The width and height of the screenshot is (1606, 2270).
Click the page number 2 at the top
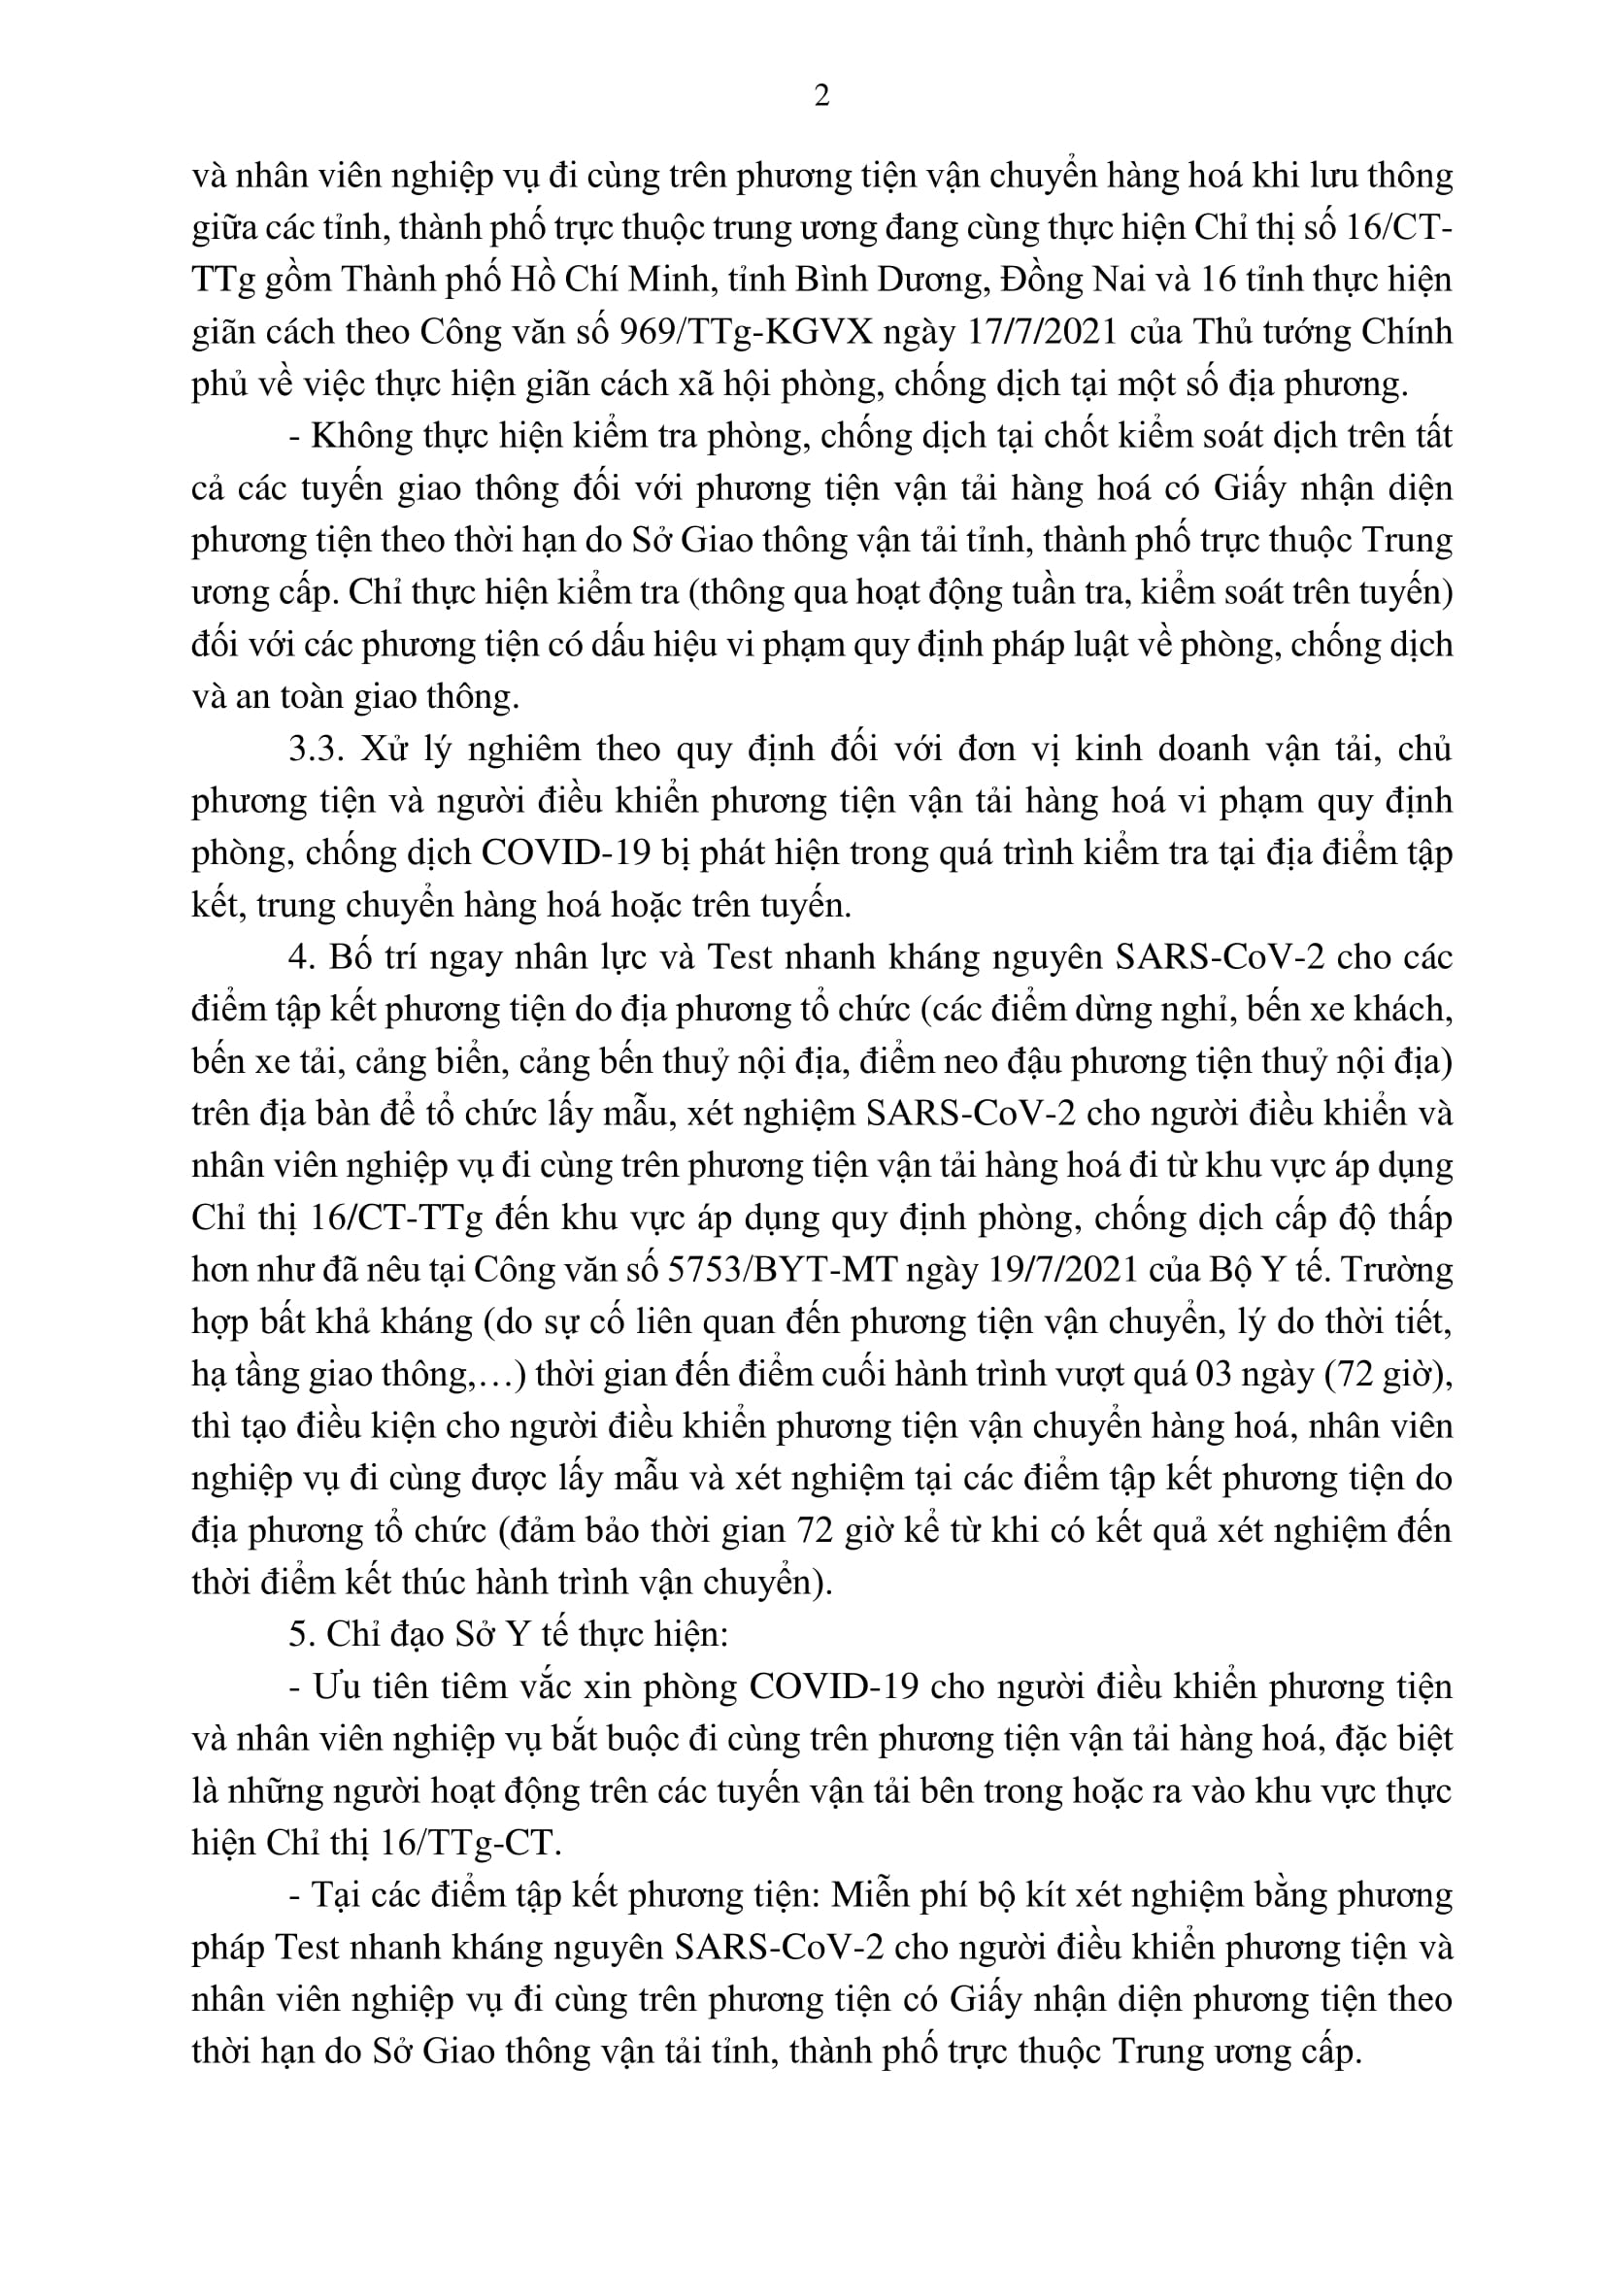point(820,96)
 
